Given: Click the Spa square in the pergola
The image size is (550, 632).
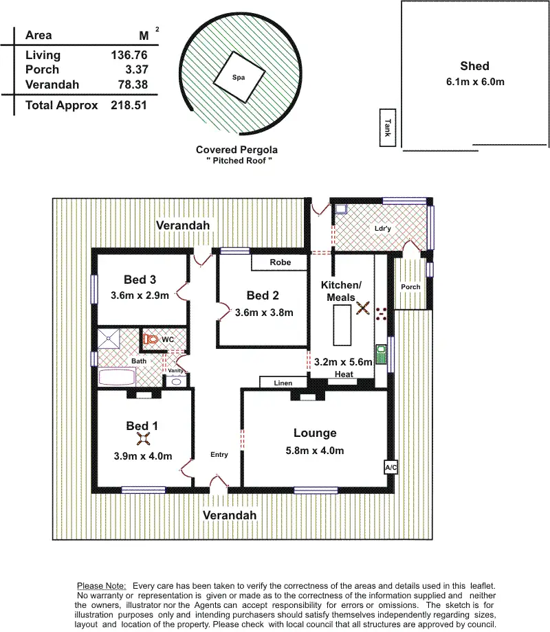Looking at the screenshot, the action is tap(239, 79).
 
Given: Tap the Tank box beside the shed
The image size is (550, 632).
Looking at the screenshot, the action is tap(388, 128).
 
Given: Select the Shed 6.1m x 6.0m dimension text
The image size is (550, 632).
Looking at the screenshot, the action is tap(474, 82).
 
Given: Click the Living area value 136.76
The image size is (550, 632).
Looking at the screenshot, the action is tap(129, 55).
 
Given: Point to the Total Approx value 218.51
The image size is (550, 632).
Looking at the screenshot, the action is tap(129, 106).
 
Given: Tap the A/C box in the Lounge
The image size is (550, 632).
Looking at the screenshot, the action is tap(390, 467).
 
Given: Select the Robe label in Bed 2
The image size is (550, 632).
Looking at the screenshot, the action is tap(280, 262).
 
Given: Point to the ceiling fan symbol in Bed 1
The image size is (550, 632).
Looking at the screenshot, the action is tap(143, 440).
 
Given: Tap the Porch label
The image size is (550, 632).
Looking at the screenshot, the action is tap(410, 286).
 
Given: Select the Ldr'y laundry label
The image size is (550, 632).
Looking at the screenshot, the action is tap(383, 228).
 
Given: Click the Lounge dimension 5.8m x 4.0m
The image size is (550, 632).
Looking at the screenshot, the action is tap(315, 451).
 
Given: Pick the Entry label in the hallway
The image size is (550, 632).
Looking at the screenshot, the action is tap(219, 455).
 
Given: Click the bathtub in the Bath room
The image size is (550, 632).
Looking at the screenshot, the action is tap(117, 376).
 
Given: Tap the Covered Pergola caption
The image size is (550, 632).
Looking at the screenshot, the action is tap(236, 149).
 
